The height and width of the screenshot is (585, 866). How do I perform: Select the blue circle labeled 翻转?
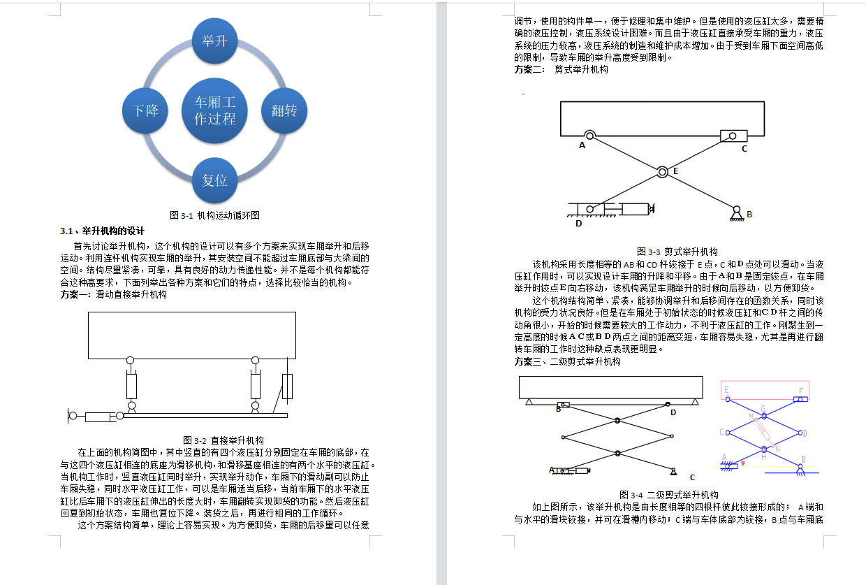pyautogui.click(x=284, y=110)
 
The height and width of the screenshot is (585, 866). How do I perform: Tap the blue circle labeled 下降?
pyautogui.click(x=146, y=110)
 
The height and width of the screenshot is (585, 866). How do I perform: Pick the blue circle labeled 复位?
pyautogui.click(x=215, y=180)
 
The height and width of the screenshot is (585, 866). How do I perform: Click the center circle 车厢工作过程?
pyautogui.click(x=215, y=110)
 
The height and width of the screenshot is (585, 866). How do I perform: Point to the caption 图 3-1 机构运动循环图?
pyautogui.click(x=215, y=215)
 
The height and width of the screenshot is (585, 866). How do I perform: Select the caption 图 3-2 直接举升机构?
pyautogui.click(x=223, y=440)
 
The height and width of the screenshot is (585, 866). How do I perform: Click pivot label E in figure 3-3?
pyautogui.click(x=675, y=171)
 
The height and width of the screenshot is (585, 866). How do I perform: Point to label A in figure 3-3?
pyautogui.click(x=582, y=146)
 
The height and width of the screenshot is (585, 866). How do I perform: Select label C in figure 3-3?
pyautogui.click(x=744, y=148)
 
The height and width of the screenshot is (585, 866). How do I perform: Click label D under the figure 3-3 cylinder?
pyautogui.click(x=578, y=224)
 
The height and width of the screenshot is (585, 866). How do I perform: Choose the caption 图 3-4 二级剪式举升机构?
pyautogui.click(x=669, y=495)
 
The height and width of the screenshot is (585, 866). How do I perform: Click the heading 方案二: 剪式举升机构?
pyautogui.click(x=562, y=70)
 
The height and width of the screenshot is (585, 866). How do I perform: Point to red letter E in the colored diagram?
pyautogui.click(x=727, y=390)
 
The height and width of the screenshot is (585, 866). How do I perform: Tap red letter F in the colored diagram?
pyautogui.click(x=800, y=391)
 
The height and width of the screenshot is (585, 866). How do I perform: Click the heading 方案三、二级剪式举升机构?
pyautogui.click(x=567, y=362)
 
